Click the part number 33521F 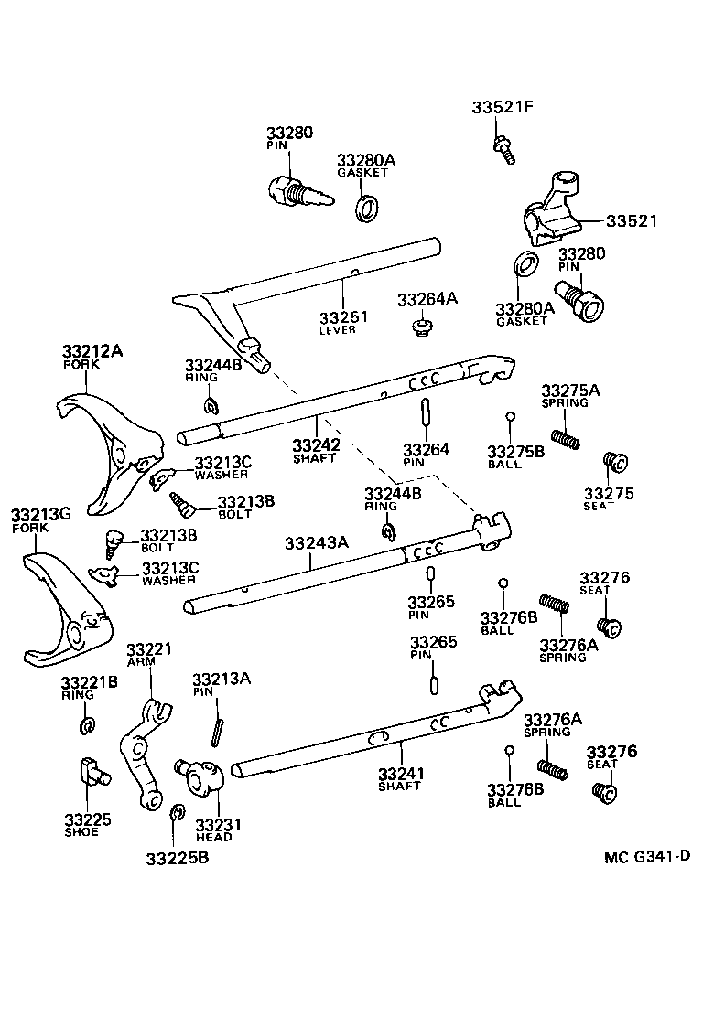(502, 108)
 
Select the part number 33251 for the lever (343, 317)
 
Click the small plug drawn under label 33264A (421, 327)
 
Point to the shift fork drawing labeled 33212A (105, 448)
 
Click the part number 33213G (40, 515)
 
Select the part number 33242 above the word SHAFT (317, 445)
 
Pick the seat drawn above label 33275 (612, 462)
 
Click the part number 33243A (316, 542)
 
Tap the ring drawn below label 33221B (88, 725)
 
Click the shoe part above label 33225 (91, 772)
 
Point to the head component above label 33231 (202, 777)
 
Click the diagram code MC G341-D (646, 857)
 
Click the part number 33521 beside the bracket (631, 221)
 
